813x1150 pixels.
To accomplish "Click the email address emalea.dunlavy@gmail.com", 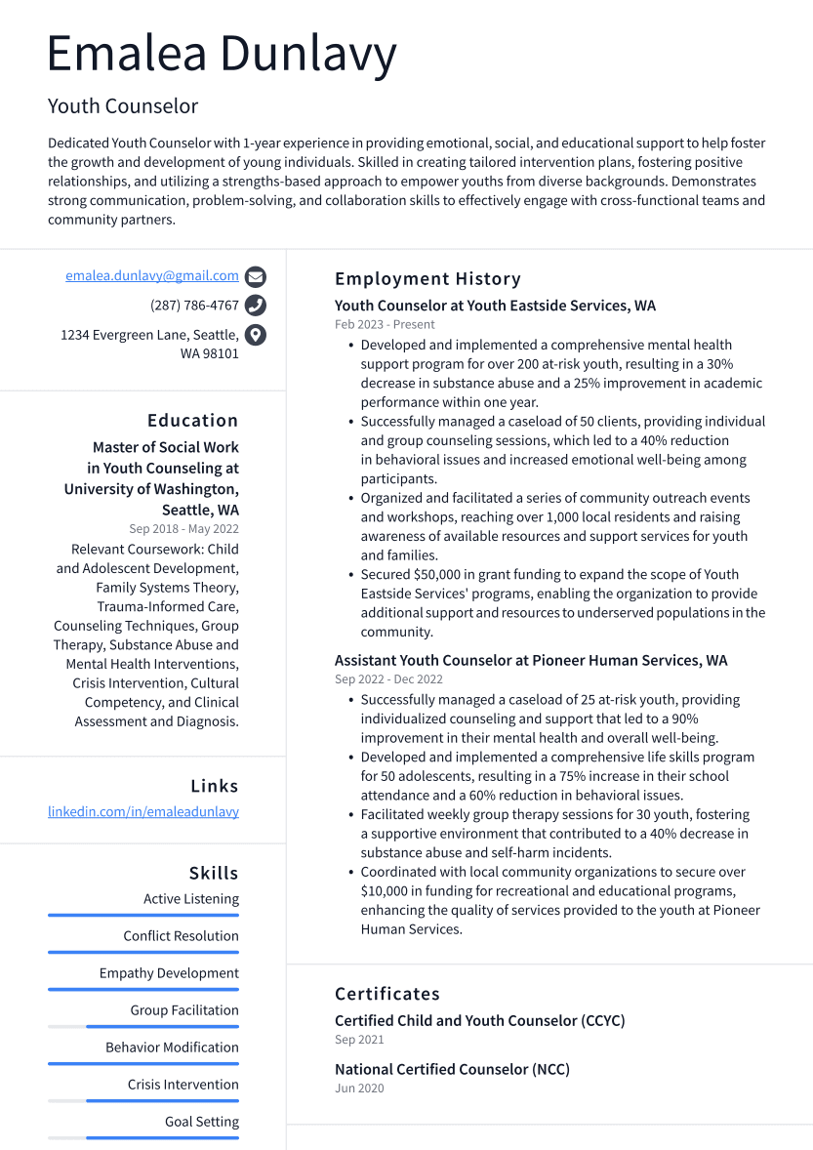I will pyautogui.click(x=152, y=276).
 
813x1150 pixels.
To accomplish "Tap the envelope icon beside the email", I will pyautogui.click(x=256, y=276).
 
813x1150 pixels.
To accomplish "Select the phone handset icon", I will pyautogui.click(x=256, y=306).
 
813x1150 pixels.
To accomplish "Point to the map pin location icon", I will pyautogui.click(x=256, y=335).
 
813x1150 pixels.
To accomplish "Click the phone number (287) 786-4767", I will pyautogui.click(x=194, y=306).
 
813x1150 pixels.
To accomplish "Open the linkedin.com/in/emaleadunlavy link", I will pyautogui.click(x=143, y=812).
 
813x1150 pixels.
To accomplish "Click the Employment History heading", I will pyautogui.click(x=427, y=279).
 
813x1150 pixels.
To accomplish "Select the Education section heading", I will pyautogui.click(x=192, y=421).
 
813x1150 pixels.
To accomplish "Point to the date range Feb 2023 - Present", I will pyautogui.click(x=385, y=325).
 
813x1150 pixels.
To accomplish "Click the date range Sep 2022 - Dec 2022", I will pyautogui.click(x=388, y=679).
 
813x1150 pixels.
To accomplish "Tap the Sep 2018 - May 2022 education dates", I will pyautogui.click(x=183, y=529).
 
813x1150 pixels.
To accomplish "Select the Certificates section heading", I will pyautogui.click(x=387, y=994).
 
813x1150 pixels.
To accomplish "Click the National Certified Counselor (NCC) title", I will pyautogui.click(x=452, y=1070).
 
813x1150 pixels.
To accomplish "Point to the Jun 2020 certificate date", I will pyautogui.click(x=359, y=1088).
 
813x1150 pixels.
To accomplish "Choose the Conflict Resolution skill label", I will pyautogui.click(x=181, y=936).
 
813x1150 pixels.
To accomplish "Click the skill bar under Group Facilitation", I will pyautogui.click(x=162, y=1026).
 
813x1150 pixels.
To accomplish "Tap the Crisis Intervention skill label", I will pyautogui.click(x=183, y=1085).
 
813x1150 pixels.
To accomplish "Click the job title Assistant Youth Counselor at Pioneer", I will pyautogui.click(x=531, y=661).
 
